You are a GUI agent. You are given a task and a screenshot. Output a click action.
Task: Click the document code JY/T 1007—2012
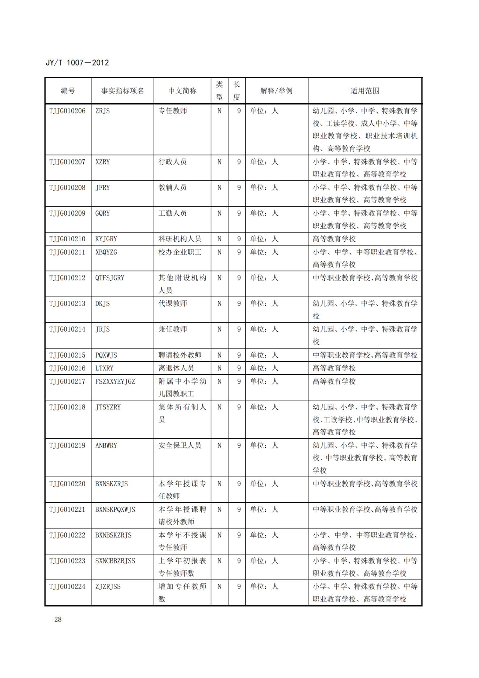click(x=77, y=63)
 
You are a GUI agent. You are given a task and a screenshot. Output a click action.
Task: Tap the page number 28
click(x=58, y=619)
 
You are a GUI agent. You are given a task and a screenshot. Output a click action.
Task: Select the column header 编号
click(x=68, y=91)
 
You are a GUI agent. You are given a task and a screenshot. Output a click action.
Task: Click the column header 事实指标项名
click(x=122, y=91)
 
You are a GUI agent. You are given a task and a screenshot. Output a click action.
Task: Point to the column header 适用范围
click(x=365, y=91)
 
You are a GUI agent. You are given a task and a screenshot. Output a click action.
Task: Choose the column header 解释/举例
click(x=276, y=91)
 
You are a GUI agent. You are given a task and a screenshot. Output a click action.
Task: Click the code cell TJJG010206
click(x=67, y=111)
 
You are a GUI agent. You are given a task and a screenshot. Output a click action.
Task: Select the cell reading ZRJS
click(x=102, y=111)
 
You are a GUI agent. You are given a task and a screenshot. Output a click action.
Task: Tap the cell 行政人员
click(x=173, y=162)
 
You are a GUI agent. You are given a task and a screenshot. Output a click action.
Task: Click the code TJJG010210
click(x=67, y=239)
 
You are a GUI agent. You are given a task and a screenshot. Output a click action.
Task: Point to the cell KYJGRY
click(x=106, y=239)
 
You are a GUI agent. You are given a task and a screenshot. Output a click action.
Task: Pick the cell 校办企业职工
click(x=180, y=252)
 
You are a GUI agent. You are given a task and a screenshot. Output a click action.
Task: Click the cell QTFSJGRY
click(x=110, y=278)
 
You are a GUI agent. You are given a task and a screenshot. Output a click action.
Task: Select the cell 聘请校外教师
click(x=180, y=355)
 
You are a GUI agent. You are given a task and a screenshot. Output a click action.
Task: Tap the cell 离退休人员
click(x=176, y=368)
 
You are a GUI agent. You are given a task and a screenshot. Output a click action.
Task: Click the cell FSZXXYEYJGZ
click(x=115, y=381)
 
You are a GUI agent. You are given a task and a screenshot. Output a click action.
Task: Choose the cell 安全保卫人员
click(x=180, y=445)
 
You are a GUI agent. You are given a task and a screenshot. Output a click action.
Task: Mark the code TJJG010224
click(x=67, y=586)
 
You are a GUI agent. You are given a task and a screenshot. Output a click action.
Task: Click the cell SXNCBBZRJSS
click(x=115, y=561)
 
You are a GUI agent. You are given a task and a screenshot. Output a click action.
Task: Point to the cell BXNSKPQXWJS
click(x=115, y=509)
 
